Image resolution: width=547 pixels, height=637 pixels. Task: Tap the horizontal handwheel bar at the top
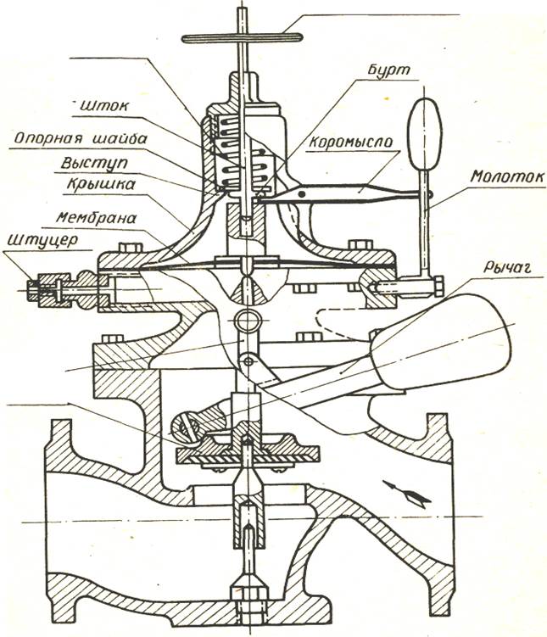pos(242,37)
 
